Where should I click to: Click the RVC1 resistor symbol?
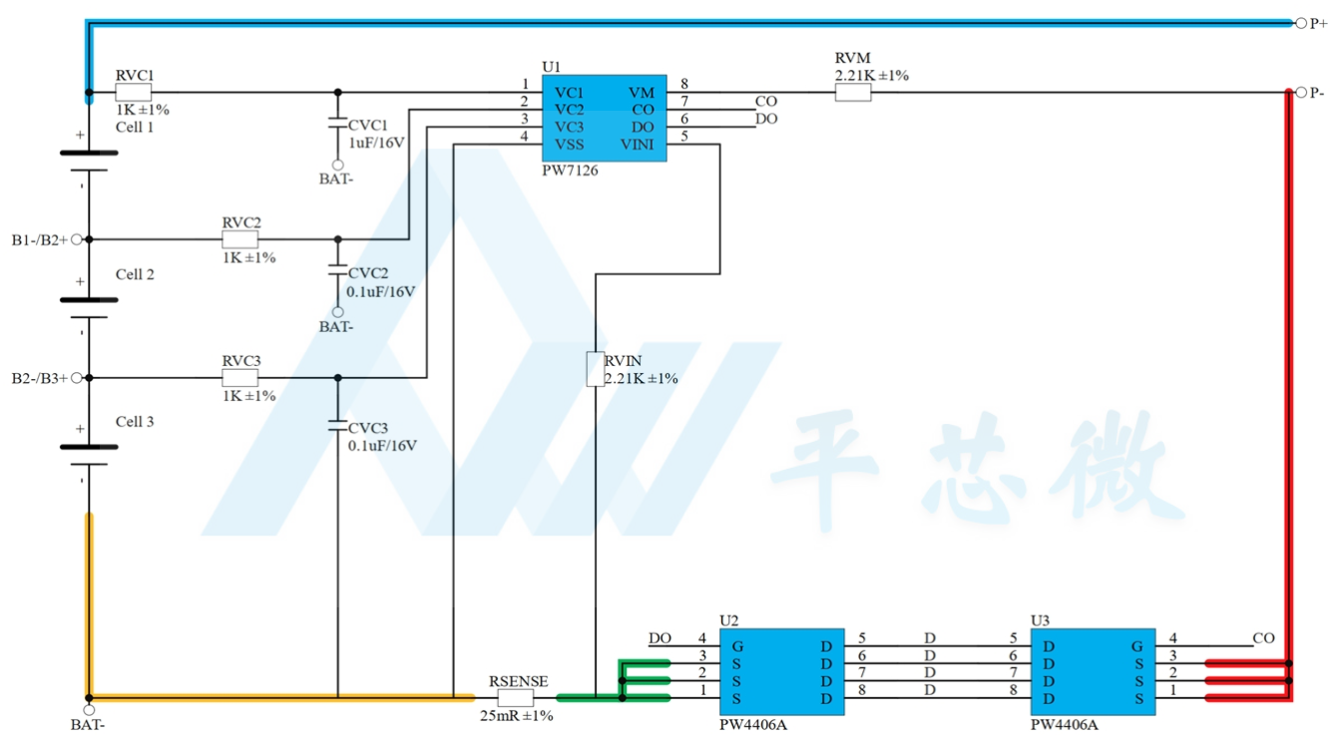point(133,93)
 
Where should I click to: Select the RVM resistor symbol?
point(853,93)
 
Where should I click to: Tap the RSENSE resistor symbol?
point(516,697)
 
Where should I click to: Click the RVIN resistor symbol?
point(596,369)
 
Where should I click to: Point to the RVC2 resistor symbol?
point(240,239)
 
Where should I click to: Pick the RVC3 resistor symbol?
point(240,378)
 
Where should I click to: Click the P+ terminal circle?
point(1301,23)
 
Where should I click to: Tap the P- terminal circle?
point(1301,93)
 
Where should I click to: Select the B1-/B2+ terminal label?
point(39,240)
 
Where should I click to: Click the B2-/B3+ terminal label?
point(39,378)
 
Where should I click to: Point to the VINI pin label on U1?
point(637,145)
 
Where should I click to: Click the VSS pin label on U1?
point(569,145)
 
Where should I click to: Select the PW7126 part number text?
point(570,171)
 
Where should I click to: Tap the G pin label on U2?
point(737,646)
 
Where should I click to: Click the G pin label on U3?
point(1137,646)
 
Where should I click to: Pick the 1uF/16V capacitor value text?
point(377,143)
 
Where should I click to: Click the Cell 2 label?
point(135,274)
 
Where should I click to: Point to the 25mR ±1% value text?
point(517,715)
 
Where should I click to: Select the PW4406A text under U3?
point(1065,725)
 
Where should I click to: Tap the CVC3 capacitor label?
point(368,428)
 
